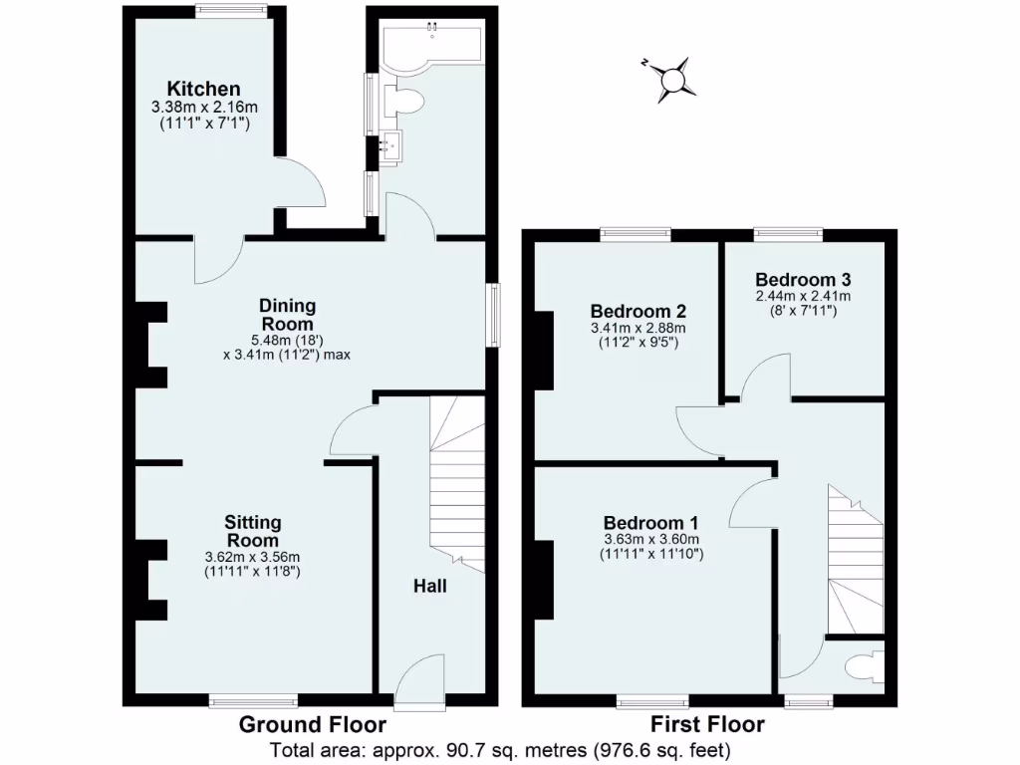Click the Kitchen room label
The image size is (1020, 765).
click(203, 89)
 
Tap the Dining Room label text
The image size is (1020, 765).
click(287, 315)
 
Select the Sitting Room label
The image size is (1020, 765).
click(252, 531)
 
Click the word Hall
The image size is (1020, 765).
click(430, 586)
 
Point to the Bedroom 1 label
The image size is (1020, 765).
click(651, 523)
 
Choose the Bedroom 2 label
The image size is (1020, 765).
click(637, 310)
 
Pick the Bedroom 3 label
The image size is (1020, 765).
click(802, 279)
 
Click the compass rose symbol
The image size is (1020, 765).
click(674, 80)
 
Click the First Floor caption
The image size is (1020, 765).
click(707, 725)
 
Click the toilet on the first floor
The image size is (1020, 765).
click(860, 666)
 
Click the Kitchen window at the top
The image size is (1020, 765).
click(231, 12)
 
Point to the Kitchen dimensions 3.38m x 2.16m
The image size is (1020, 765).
click(203, 108)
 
